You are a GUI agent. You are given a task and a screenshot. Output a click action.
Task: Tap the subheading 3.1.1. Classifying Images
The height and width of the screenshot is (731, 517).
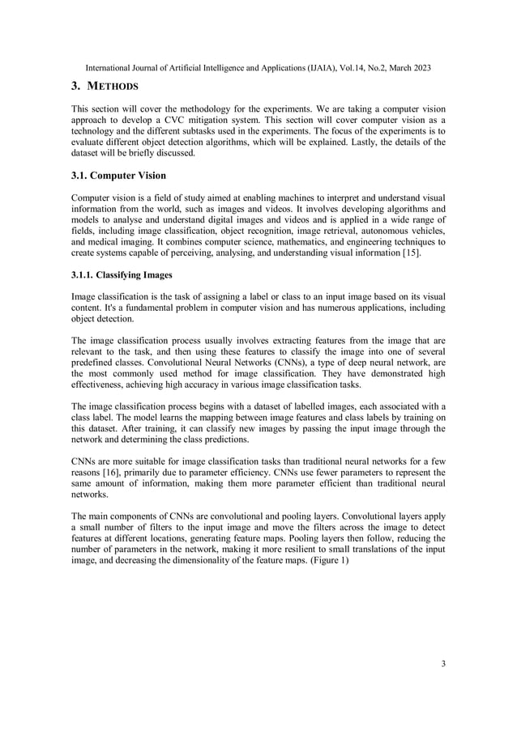point(122,275)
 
